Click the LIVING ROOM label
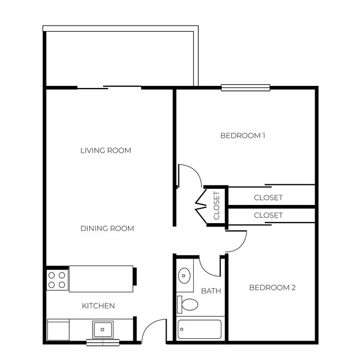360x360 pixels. tap(106, 151)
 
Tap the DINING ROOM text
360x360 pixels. tap(107, 229)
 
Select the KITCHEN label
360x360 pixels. tap(98, 306)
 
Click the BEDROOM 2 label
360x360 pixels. tap(272, 287)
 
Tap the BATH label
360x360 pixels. tap(211, 291)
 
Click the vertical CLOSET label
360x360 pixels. tap(217, 205)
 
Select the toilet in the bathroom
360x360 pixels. tap(188, 304)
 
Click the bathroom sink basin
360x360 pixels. tap(184, 275)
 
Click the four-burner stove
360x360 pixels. tap(56, 280)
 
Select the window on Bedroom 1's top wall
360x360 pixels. tap(245, 87)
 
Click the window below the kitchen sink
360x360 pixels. tap(102, 342)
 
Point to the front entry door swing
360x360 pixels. tap(153, 331)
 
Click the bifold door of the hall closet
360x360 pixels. tap(200, 205)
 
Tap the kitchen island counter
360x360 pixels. tap(101, 279)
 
